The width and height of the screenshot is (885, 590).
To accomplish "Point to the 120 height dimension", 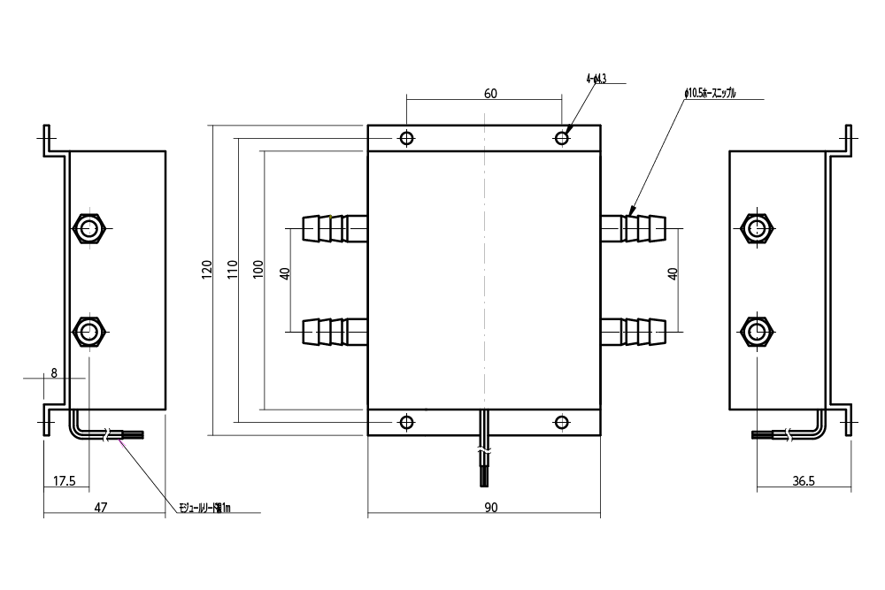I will pos(206,270).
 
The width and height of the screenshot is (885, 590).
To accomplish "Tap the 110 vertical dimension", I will pos(232,270).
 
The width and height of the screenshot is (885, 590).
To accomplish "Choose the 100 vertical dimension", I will pos(258,270).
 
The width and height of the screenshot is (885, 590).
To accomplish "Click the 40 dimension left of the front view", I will pos(285,273).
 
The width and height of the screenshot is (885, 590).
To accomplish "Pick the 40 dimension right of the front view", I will pos(673,273).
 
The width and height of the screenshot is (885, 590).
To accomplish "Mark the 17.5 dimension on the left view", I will pos(65,481).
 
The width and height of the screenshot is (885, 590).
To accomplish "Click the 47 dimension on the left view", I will pos(101,507).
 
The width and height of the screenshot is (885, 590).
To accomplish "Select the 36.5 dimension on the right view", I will pos(803,481).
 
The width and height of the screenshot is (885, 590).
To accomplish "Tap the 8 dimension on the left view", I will pos(54,373).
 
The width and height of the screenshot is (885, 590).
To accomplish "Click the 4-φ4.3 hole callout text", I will pos(596,79).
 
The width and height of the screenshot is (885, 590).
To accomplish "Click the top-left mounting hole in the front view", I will pos(407,139).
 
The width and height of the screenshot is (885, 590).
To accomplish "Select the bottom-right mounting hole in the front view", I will pos(561,421).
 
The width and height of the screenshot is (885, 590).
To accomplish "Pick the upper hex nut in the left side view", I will pos(88,229).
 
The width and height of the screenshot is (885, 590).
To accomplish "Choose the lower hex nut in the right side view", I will pos(757,332).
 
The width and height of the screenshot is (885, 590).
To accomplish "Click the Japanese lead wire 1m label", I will pos(204,509).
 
